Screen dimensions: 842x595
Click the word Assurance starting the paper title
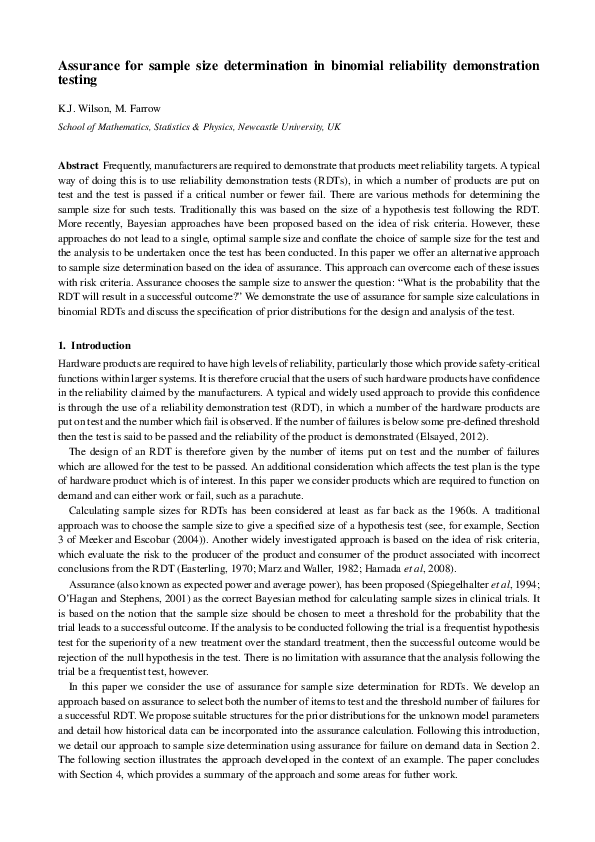[92, 66]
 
